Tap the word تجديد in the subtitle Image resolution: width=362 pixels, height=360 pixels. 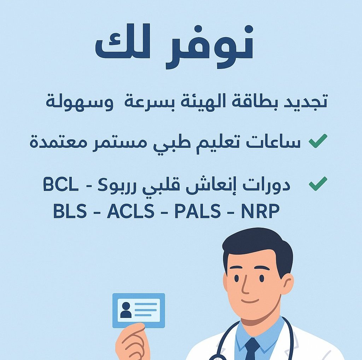(x=307, y=101)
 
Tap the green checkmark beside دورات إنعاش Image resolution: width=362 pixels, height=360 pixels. (x=318, y=184)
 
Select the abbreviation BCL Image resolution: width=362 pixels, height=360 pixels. (x=61, y=185)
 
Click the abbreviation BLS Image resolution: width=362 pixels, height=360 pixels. (x=70, y=212)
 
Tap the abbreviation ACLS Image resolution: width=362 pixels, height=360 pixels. (x=130, y=212)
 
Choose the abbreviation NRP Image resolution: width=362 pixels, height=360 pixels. (x=260, y=212)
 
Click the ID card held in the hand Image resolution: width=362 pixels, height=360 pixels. (x=139, y=310)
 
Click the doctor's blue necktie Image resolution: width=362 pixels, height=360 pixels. (x=252, y=348)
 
